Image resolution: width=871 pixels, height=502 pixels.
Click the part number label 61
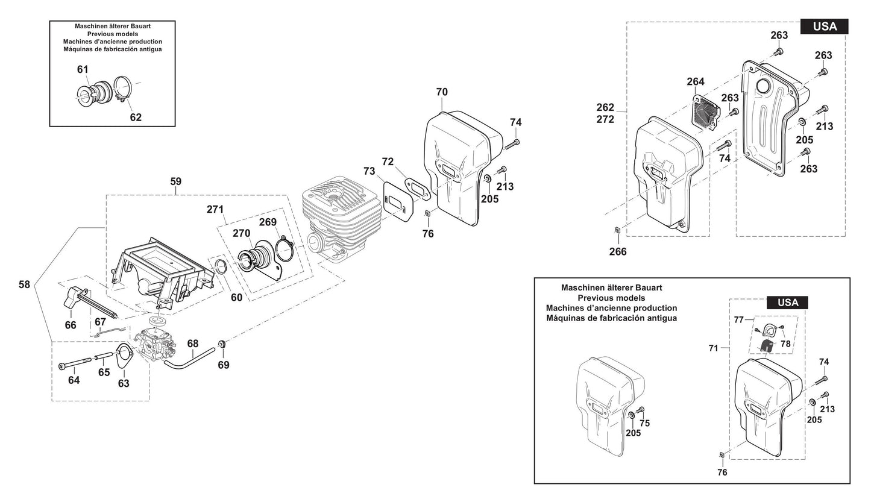point(83,69)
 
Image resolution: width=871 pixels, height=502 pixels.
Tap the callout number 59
point(175,181)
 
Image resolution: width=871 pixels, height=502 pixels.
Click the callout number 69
point(224,365)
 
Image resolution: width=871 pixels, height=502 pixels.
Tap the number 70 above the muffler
point(442,92)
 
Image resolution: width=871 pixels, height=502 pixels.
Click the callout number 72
point(388,162)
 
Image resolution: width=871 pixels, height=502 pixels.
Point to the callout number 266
point(618,252)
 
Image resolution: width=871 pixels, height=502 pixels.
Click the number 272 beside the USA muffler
point(605,119)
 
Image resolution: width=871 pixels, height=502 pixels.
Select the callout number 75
point(644,424)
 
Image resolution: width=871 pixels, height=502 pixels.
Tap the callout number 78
point(785,344)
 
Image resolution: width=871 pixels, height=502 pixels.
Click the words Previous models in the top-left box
point(112,34)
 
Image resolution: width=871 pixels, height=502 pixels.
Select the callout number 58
point(24,284)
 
